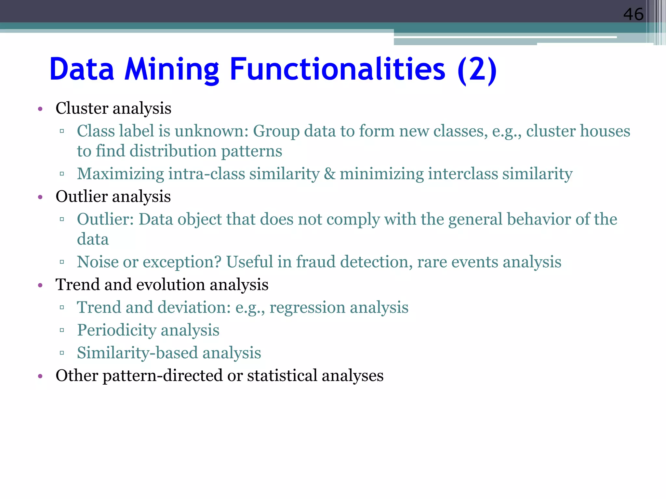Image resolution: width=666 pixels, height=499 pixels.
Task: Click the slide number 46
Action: coord(633,15)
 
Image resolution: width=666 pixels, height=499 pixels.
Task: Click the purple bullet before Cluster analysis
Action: coord(40,109)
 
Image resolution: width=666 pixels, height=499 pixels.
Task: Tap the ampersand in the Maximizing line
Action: coord(329,173)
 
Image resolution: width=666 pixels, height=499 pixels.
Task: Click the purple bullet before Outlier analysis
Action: coord(40,197)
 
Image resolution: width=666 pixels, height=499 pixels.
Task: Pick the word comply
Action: coord(353,219)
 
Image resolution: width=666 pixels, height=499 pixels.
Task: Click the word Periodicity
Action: coord(116,330)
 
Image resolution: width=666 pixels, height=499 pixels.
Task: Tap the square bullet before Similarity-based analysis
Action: coord(62,353)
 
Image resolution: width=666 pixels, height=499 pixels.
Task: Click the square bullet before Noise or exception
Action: coord(62,262)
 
